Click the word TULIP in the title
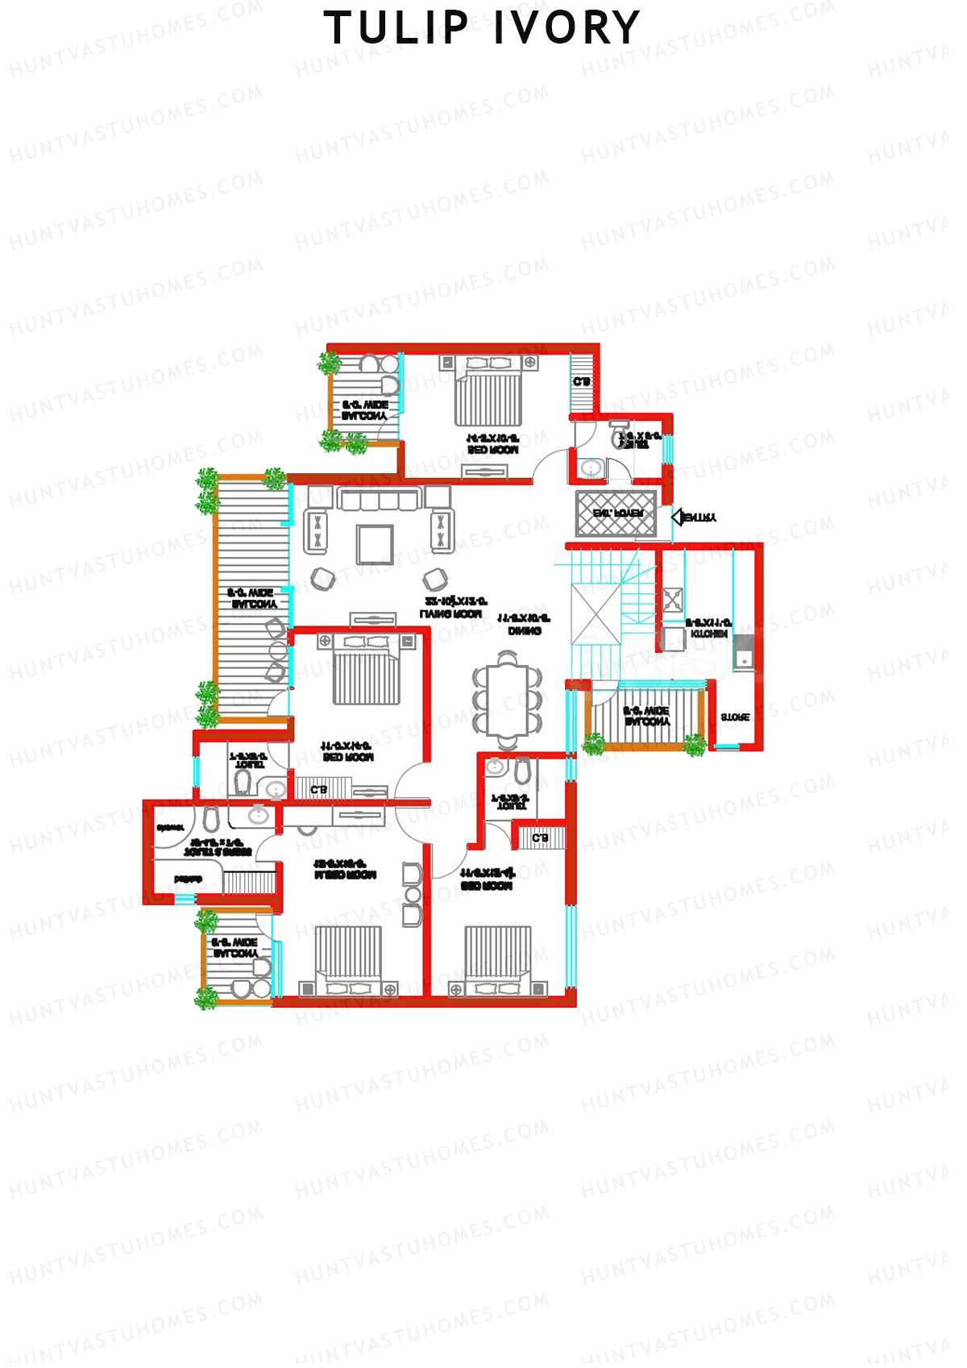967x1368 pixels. pos(396,28)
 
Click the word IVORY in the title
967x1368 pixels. pos(567,28)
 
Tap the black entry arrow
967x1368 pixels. pos(679,517)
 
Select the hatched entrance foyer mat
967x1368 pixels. pos(616,513)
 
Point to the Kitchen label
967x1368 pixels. pos(708,629)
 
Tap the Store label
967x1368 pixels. pos(734,717)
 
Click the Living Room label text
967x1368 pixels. pos(454,608)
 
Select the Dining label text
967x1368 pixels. pos(524,625)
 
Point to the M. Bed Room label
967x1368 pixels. pos(345,869)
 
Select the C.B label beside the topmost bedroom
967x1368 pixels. pos(581,382)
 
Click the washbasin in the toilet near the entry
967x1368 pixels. pos(591,468)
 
